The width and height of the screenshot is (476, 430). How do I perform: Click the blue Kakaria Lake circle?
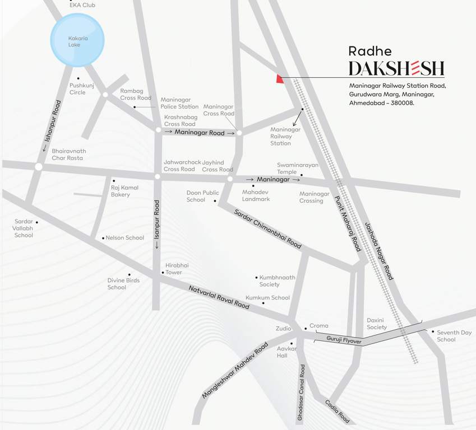pyautogui.click(x=77, y=41)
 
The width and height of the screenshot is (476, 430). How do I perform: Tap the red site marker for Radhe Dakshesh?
pyautogui.click(x=279, y=80)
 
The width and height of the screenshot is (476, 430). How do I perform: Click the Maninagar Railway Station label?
pyautogui.click(x=285, y=136)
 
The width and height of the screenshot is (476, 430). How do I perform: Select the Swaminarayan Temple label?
pyautogui.click(x=297, y=169)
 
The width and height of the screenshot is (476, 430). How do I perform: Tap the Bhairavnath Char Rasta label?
pyautogui.click(x=68, y=155)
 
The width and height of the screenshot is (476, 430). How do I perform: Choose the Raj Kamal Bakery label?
pyautogui.click(x=124, y=191)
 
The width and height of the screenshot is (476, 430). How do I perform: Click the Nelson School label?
pyautogui.click(x=125, y=238)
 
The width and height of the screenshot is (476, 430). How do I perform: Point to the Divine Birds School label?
pyautogui.click(x=124, y=284)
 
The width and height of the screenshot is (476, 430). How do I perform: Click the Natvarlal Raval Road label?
pyautogui.click(x=219, y=297)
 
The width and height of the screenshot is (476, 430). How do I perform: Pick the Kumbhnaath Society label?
pyautogui.click(x=277, y=281)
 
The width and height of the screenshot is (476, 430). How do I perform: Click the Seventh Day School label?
pyautogui.click(x=454, y=336)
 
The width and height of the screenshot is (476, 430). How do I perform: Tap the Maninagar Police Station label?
pyautogui.click(x=179, y=103)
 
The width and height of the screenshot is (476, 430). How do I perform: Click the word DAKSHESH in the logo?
pyautogui.click(x=396, y=69)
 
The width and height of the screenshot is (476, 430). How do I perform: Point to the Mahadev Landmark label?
pyautogui.click(x=256, y=195)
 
